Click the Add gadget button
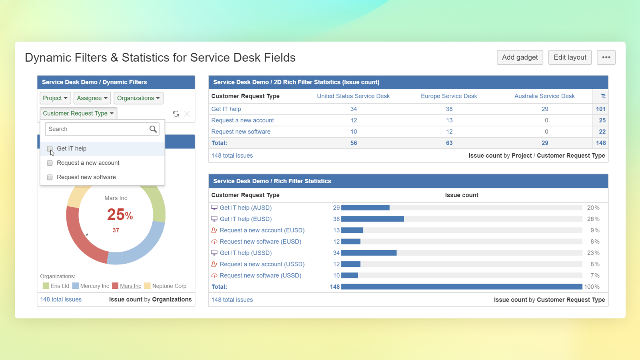tap(520, 57)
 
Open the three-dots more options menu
tap(606, 57)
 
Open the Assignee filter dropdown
tap(92, 98)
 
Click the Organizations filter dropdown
tap(138, 98)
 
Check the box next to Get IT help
tap(50, 149)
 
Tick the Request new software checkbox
tap(50, 177)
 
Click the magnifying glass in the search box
tap(153, 129)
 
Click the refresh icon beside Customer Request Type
tap(176, 114)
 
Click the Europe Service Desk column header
tap(449, 96)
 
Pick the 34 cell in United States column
tap(353, 109)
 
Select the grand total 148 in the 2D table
tap(600, 143)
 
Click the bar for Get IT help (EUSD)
tap(372, 219)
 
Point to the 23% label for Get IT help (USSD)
tap(593, 253)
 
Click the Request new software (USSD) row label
tap(260, 276)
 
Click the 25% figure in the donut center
tap(120, 215)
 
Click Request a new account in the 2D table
tap(242, 120)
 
